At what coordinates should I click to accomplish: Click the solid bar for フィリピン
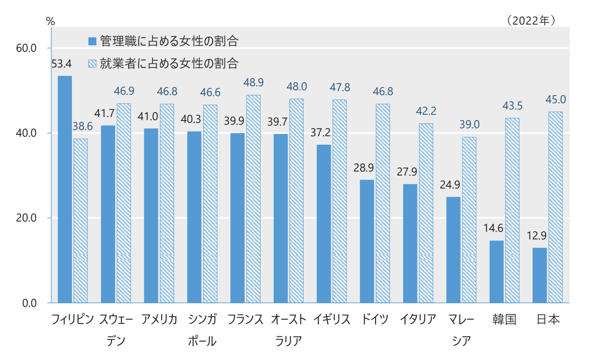pyautogui.click(x=65, y=189)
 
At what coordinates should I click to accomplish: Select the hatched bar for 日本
pyautogui.click(x=555, y=207)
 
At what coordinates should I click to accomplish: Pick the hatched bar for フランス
pyautogui.click(x=253, y=199)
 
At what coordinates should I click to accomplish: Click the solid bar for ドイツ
pyautogui.click(x=367, y=241)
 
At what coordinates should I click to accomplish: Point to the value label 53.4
pyautogui.click(x=62, y=64)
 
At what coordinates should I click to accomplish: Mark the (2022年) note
pyautogui.click(x=530, y=21)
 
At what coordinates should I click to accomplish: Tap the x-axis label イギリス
pyautogui.click(x=331, y=319)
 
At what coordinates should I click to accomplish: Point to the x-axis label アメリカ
pyautogui.click(x=159, y=319)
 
